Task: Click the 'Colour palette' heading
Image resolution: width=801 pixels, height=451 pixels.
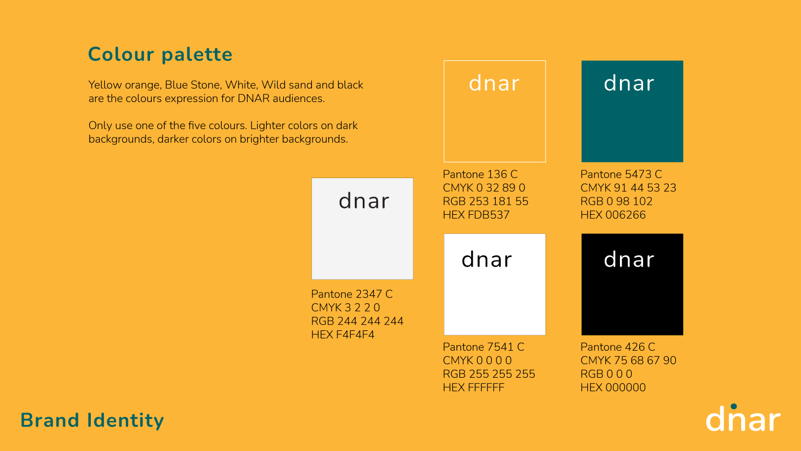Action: pos(160,55)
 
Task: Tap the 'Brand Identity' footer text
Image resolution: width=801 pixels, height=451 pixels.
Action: pos(93,420)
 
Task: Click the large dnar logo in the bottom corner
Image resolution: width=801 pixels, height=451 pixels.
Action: pos(743,418)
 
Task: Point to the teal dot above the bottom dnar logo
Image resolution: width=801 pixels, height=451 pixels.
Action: pos(734,406)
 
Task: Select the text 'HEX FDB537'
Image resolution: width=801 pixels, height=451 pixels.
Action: pos(476,215)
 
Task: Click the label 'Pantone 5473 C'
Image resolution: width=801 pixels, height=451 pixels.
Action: pos(621,174)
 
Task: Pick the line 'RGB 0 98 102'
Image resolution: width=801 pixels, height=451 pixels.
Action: pos(617,202)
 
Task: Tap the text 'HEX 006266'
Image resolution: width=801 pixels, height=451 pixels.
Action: pos(613,215)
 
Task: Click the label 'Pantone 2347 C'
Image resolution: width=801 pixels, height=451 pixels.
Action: pos(352,294)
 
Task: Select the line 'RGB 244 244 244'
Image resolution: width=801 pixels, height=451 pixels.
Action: pos(357,321)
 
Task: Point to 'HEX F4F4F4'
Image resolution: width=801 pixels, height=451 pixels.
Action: pos(342,335)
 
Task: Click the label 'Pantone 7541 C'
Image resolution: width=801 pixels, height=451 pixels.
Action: pos(483,347)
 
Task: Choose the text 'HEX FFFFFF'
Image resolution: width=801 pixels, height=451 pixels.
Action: pos(473,388)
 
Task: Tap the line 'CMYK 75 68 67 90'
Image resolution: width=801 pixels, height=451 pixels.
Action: pos(628,361)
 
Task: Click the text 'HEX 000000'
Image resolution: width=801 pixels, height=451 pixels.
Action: pos(613,388)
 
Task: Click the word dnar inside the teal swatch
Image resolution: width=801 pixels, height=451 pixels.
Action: pos(629,83)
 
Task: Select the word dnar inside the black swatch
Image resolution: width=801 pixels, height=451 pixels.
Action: pos(629,259)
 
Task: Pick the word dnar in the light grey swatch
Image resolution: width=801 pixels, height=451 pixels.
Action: pos(364,201)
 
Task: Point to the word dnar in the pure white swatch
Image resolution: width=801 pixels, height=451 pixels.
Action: pos(487,259)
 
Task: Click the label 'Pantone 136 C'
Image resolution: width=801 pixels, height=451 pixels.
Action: pos(480,174)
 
